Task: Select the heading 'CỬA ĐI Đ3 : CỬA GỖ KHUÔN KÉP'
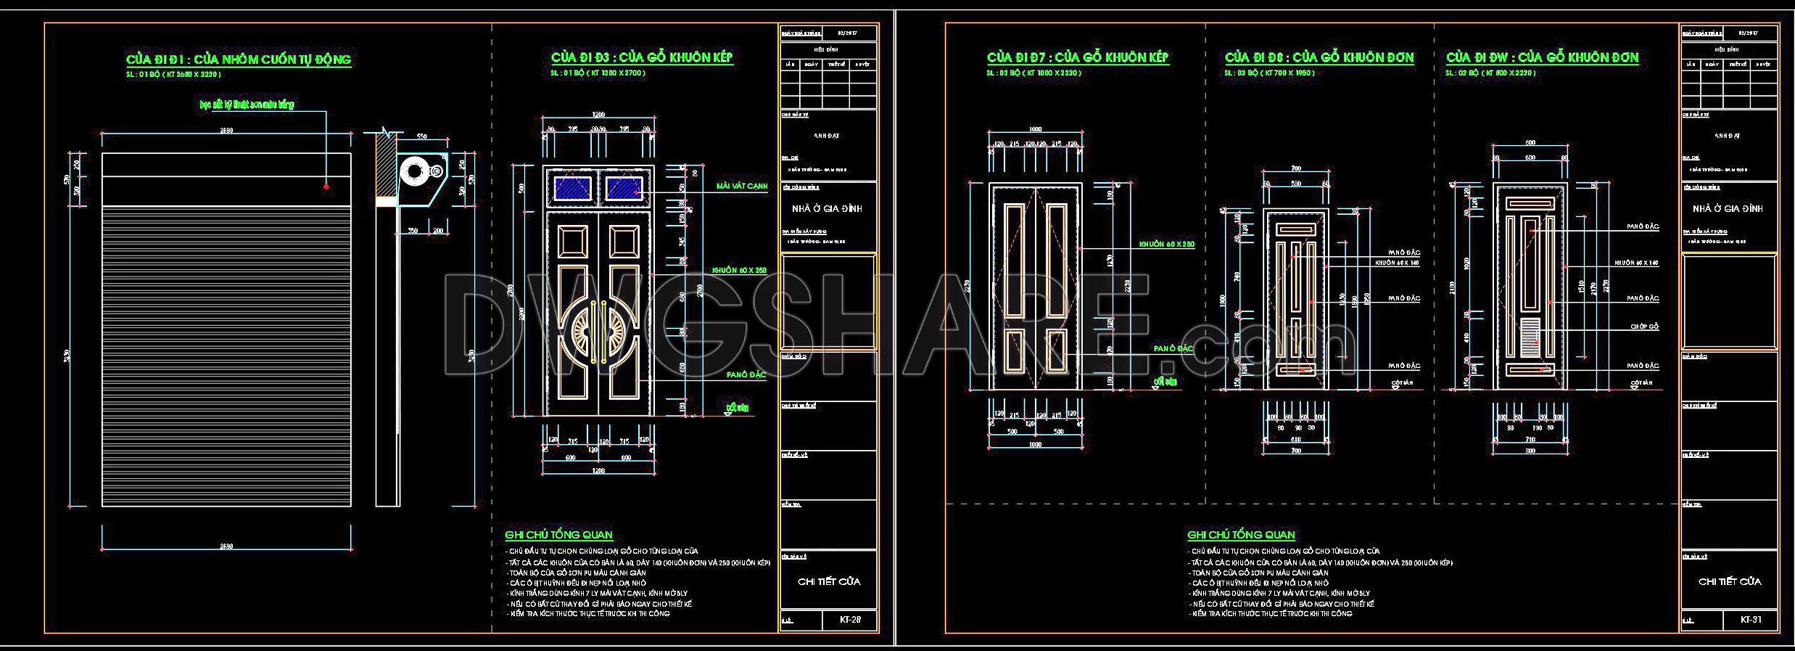click(x=642, y=57)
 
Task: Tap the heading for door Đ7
click(x=1077, y=57)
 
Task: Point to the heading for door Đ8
click(x=1319, y=57)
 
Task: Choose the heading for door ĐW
click(x=1542, y=57)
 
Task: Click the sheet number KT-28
click(x=850, y=620)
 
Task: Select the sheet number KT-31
click(x=1750, y=620)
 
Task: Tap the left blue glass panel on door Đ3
click(x=571, y=189)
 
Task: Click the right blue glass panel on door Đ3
click(x=624, y=189)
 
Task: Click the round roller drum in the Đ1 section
click(x=415, y=172)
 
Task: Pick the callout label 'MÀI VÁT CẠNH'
click(x=741, y=187)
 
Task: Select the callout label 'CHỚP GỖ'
click(x=1644, y=327)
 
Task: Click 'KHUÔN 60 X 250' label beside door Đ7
click(x=1166, y=245)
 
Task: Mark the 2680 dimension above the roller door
click(x=226, y=131)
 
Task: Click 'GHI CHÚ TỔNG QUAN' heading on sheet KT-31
click(x=1240, y=535)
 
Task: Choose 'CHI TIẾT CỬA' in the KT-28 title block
click(x=828, y=581)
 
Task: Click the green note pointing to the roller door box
click(x=247, y=105)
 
